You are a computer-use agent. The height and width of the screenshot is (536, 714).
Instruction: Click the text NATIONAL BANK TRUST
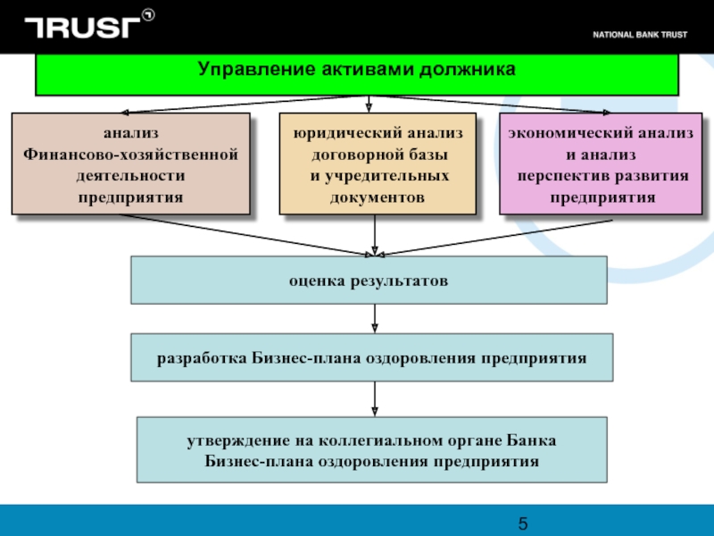pyautogui.click(x=646, y=35)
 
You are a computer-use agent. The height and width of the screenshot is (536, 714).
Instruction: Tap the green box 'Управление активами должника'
pyautogui.click(x=357, y=72)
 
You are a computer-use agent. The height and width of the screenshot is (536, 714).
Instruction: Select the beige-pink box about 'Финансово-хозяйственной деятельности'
pyautogui.click(x=130, y=163)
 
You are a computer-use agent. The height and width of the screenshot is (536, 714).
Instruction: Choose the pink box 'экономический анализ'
pyautogui.click(x=600, y=163)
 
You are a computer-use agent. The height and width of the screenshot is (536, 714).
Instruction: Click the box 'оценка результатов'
pyautogui.click(x=369, y=280)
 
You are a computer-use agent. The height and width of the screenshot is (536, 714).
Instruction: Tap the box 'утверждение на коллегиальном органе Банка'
pyautogui.click(x=371, y=449)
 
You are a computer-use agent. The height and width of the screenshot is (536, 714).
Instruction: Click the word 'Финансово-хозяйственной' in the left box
pyautogui.click(x=130, y=155)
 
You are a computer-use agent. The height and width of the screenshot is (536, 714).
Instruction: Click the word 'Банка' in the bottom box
pyautogui.click(x=532, y=440)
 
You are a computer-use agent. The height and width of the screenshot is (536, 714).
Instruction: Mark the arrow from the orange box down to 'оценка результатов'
pyautogui.click(x=374, y=235)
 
